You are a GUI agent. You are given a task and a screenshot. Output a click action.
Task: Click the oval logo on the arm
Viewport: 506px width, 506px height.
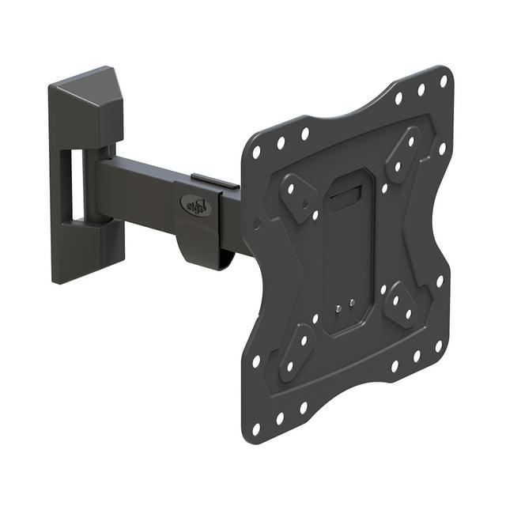click(195, 206)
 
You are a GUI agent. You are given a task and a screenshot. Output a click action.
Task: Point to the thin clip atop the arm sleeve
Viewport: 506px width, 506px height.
click(214, 183)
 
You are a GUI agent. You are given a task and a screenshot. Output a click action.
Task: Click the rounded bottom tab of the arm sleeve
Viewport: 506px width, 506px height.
click(203, 251)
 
